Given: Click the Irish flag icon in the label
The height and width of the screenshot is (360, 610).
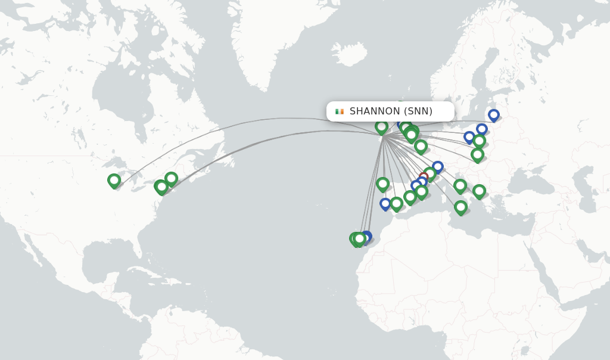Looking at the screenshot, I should [x=340, y=111].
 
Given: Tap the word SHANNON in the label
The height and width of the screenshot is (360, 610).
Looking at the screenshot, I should [x=375, y=111].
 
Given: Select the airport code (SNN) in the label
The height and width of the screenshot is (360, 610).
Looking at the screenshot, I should [x=418, y=111].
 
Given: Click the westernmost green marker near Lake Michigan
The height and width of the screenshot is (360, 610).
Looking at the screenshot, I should [x=114, y=180].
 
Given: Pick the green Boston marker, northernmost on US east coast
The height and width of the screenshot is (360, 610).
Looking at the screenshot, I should [x=171, y=178].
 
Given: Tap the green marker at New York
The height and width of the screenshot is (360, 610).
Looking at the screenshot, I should [x=161, y=187].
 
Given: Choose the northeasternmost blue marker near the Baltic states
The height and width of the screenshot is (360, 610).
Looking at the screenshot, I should [x=493, y=114].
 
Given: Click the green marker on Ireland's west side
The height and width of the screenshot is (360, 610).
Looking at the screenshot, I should [x=381, y=126].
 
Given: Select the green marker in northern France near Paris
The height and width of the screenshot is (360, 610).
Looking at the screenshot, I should [x=421, y=146].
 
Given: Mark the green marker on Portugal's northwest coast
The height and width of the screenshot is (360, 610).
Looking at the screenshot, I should [x=382, y=184].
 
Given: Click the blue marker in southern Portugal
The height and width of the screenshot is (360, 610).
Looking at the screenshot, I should [x=385, y=204].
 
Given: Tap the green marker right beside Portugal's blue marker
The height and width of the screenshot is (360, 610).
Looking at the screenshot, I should [x=396, y=203].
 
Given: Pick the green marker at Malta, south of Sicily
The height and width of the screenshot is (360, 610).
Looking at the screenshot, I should [x=460, y=207].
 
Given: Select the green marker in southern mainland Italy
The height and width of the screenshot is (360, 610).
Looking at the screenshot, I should [x=460, y=186].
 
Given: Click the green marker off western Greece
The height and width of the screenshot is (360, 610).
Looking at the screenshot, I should [x=479, y=191].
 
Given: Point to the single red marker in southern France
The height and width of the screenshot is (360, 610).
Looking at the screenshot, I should [x=424, y=177].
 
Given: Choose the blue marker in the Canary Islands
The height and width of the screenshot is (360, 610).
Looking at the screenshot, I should [x=366, y=236].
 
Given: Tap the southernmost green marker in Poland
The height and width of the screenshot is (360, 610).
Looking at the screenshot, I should [x=477, y=154].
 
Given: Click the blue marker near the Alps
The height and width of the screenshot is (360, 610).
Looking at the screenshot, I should [x=438, y=167].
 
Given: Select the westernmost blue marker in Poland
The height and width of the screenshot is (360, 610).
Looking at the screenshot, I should [x=469, y=137].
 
